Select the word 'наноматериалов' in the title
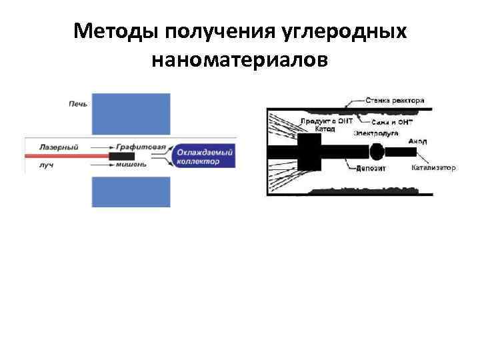(x=239, y=60)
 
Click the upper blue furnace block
(x=131, y=115)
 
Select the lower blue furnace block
(x=131, y=191)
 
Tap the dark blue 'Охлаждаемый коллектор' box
(x=205, y=156)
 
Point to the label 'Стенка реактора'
(x=395, y=101)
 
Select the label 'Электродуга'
(x=376, y=133)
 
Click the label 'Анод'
(x=418, y=141)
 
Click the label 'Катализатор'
(x=433, y=167)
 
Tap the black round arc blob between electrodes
(x=377, y=152)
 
